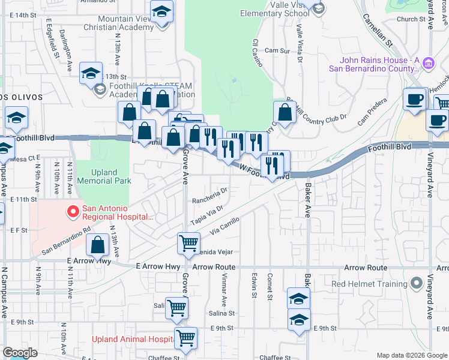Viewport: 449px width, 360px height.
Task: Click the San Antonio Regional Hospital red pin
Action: (x=73, y=211)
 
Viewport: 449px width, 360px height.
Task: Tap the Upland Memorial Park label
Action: (x=106, y=176)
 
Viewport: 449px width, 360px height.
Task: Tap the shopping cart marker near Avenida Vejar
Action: (x=188, y=242)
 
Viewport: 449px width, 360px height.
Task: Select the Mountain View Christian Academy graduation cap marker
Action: (x=161, y=13)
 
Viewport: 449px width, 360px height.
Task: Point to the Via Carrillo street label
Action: (x=224, y=226)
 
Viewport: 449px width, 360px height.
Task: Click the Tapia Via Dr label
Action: (x=206, y=214)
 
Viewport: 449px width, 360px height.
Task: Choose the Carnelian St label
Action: (x=377, y=30)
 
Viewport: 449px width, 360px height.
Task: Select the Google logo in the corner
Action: (x=20, y=353)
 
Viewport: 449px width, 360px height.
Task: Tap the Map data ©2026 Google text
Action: (x=412, y=355)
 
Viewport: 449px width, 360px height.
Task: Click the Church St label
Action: (x=414, y=19)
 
